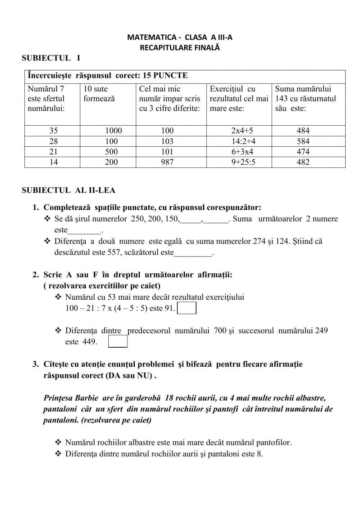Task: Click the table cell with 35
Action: [x=53, y=131]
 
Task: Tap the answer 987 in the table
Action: [x=167, y=162]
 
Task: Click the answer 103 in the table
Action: [x=167, y=142]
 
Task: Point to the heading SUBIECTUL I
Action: [x=51, y=58]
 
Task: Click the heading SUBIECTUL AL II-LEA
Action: [x=68, y=190]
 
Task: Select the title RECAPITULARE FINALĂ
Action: [x=180, y=47]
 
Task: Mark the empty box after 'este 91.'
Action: [x=187, y=308]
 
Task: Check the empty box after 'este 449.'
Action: [x=118, y=341]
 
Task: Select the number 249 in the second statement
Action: [x=321, y=330]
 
